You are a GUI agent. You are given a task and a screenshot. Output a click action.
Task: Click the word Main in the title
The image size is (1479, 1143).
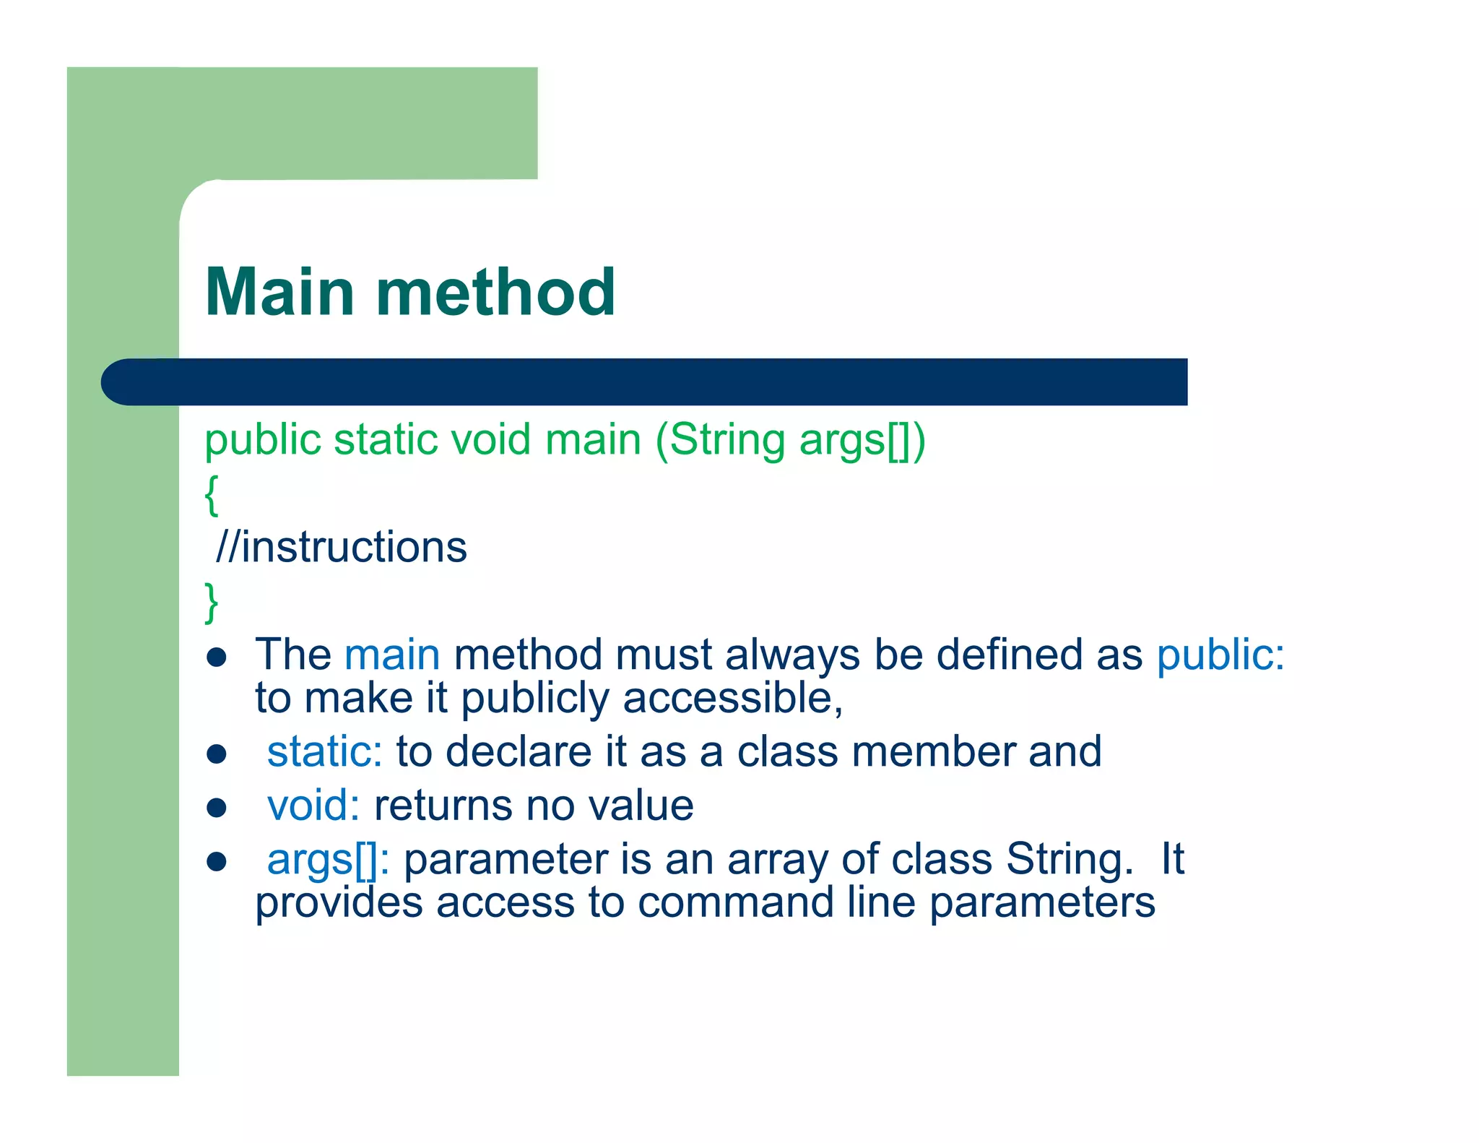pyautogui.click(x=279, y=292)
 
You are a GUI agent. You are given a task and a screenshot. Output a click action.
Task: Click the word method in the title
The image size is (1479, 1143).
pyautogui.click(x=495, y=292)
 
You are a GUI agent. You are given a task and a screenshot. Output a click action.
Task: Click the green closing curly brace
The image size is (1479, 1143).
pyautogui.click(x=211, y=602)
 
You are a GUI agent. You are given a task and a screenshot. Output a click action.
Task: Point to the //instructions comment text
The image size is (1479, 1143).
pyautogui.click(x=341, y=547)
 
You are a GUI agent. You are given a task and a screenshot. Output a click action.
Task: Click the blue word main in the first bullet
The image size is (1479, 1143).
pyautogui.click(x=392, y=655)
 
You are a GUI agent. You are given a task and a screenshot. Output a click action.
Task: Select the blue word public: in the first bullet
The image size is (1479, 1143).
pyautogui.click(x=1220, y=655)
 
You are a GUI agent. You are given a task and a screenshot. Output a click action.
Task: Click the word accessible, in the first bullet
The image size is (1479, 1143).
pyautogui.click(x=732, y=699)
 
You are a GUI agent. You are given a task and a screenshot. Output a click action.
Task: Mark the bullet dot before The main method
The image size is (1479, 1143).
pyautogui.click(x=217, y=657)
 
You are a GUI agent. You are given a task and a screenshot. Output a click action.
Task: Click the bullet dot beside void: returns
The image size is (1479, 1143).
pyautogui.click(x=217, y=807)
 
